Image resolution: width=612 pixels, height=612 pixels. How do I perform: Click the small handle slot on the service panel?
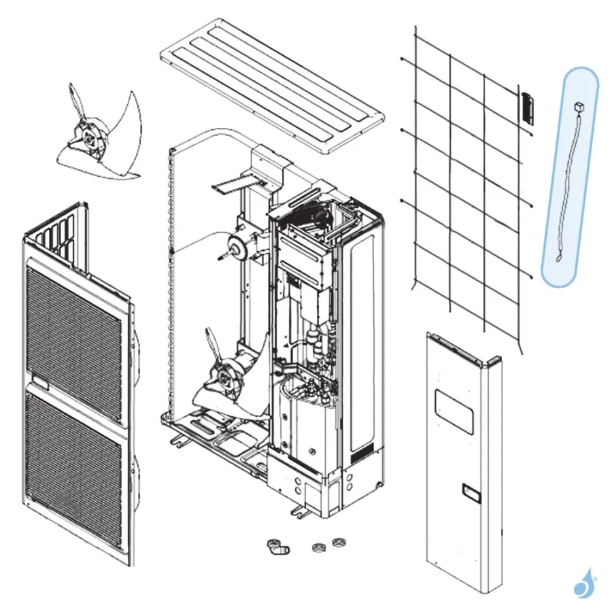[x=469, y=488]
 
